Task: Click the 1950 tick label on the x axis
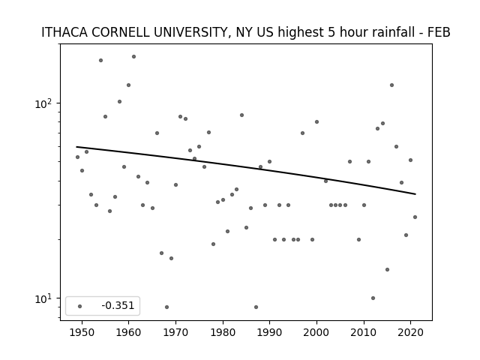click(x=82, y=332)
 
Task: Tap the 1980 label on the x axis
click(x=223, y=332)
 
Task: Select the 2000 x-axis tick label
click(x=316, y=332)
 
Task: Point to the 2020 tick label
click(x=410, y=332)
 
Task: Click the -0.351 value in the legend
click(x=118, y=305)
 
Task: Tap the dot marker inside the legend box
click(x=80, y=306)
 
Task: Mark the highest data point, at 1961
click(x=133, y=57)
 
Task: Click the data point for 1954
click(x=100, y=60)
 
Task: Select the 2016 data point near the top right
click(x=391, y=85)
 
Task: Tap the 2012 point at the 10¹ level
click(x=373, y=298)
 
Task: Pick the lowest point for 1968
click(x=166, y=307)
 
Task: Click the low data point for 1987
click(x=256, y=307)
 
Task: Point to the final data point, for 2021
click(x=415, y=217)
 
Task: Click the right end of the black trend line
click(x=415, y=194)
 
